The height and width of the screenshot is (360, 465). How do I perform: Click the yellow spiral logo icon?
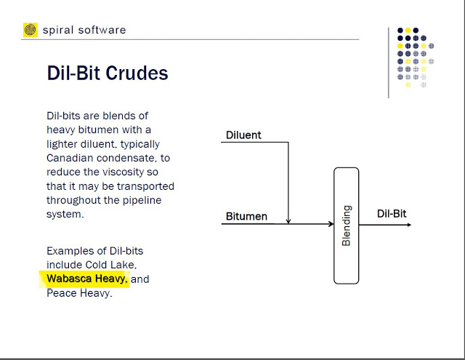[31, 30]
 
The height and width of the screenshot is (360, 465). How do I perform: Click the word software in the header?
[102, 30]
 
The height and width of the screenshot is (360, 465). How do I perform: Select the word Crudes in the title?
[137, 73]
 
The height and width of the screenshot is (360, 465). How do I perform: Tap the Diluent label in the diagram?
[243, 135]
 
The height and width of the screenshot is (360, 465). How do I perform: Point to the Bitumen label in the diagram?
[246, 216]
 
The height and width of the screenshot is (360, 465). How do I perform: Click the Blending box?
[347, 225]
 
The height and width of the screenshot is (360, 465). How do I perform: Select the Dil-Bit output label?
[392, 214]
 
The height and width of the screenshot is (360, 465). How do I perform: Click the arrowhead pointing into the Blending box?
[331, 224]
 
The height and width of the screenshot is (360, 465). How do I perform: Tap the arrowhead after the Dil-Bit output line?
[409, 225]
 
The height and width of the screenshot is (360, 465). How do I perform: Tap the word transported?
[145, 186]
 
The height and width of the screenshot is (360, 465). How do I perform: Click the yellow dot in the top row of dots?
[408, 31]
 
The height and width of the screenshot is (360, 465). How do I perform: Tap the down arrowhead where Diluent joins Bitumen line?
[288, 221]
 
